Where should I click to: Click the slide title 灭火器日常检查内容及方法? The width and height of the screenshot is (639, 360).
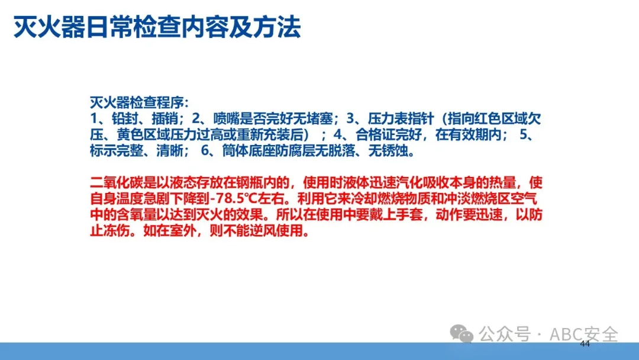pos(157,28)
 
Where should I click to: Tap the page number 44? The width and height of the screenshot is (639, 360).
pos(585,343)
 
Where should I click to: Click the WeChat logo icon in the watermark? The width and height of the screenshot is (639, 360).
pos(461,333)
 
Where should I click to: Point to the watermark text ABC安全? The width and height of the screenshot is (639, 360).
pos(583,335)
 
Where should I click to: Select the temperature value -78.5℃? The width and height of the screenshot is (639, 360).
pos(234,198)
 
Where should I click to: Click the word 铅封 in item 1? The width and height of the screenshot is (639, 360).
pos(125,118)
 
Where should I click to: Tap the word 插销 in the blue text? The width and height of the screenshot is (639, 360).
pos(164,118)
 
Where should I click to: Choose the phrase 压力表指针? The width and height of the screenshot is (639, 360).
pos(401,118)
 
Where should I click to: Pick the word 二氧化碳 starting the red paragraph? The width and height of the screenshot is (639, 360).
pos(117,182)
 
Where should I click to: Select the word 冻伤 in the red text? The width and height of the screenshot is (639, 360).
pos(117,230)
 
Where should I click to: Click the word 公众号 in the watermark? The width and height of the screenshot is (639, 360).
pos(505,335)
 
